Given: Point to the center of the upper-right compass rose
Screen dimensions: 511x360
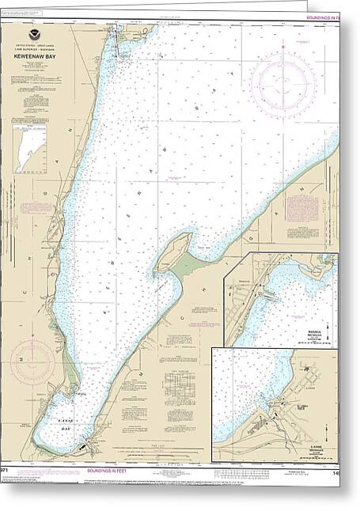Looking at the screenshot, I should point(282,85).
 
